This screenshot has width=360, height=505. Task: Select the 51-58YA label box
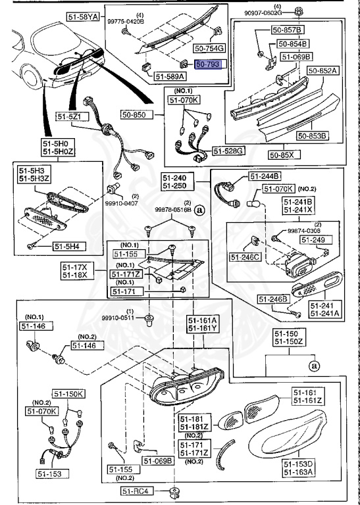click(83, 15)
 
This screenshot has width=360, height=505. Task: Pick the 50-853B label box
click(312, 136)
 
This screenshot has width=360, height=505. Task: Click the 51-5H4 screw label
click(66, 247)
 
